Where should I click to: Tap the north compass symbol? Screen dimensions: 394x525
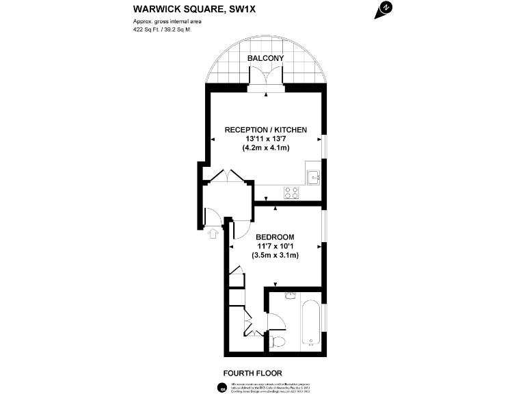386,9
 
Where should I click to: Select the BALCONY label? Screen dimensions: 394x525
266,59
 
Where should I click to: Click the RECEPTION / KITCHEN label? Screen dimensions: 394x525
266,129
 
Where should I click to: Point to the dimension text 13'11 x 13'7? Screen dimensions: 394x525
266,139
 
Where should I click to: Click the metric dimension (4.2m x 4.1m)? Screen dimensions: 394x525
266,148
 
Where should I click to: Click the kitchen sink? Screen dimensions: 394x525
314,176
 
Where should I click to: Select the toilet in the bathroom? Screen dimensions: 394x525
279,341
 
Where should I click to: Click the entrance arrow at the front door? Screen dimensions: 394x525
213,234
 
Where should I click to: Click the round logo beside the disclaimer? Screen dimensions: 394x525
222,388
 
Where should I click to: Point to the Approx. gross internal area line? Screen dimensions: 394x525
167,22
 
